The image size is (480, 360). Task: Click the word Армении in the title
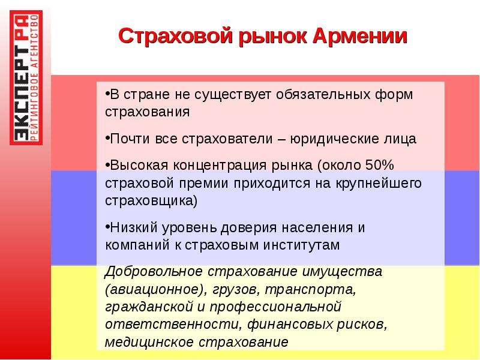click(x=360, y=36)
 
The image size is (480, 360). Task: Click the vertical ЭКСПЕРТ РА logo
click(x=26, y=78)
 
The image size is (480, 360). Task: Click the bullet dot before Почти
click(x=107, y=138)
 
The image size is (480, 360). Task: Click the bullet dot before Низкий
click(x=107, y=227)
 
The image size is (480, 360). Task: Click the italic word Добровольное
click(x=154, y=272)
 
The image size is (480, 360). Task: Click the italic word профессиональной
click(x=275, y=307)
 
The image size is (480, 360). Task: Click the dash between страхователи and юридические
click(x=281, y=140)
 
